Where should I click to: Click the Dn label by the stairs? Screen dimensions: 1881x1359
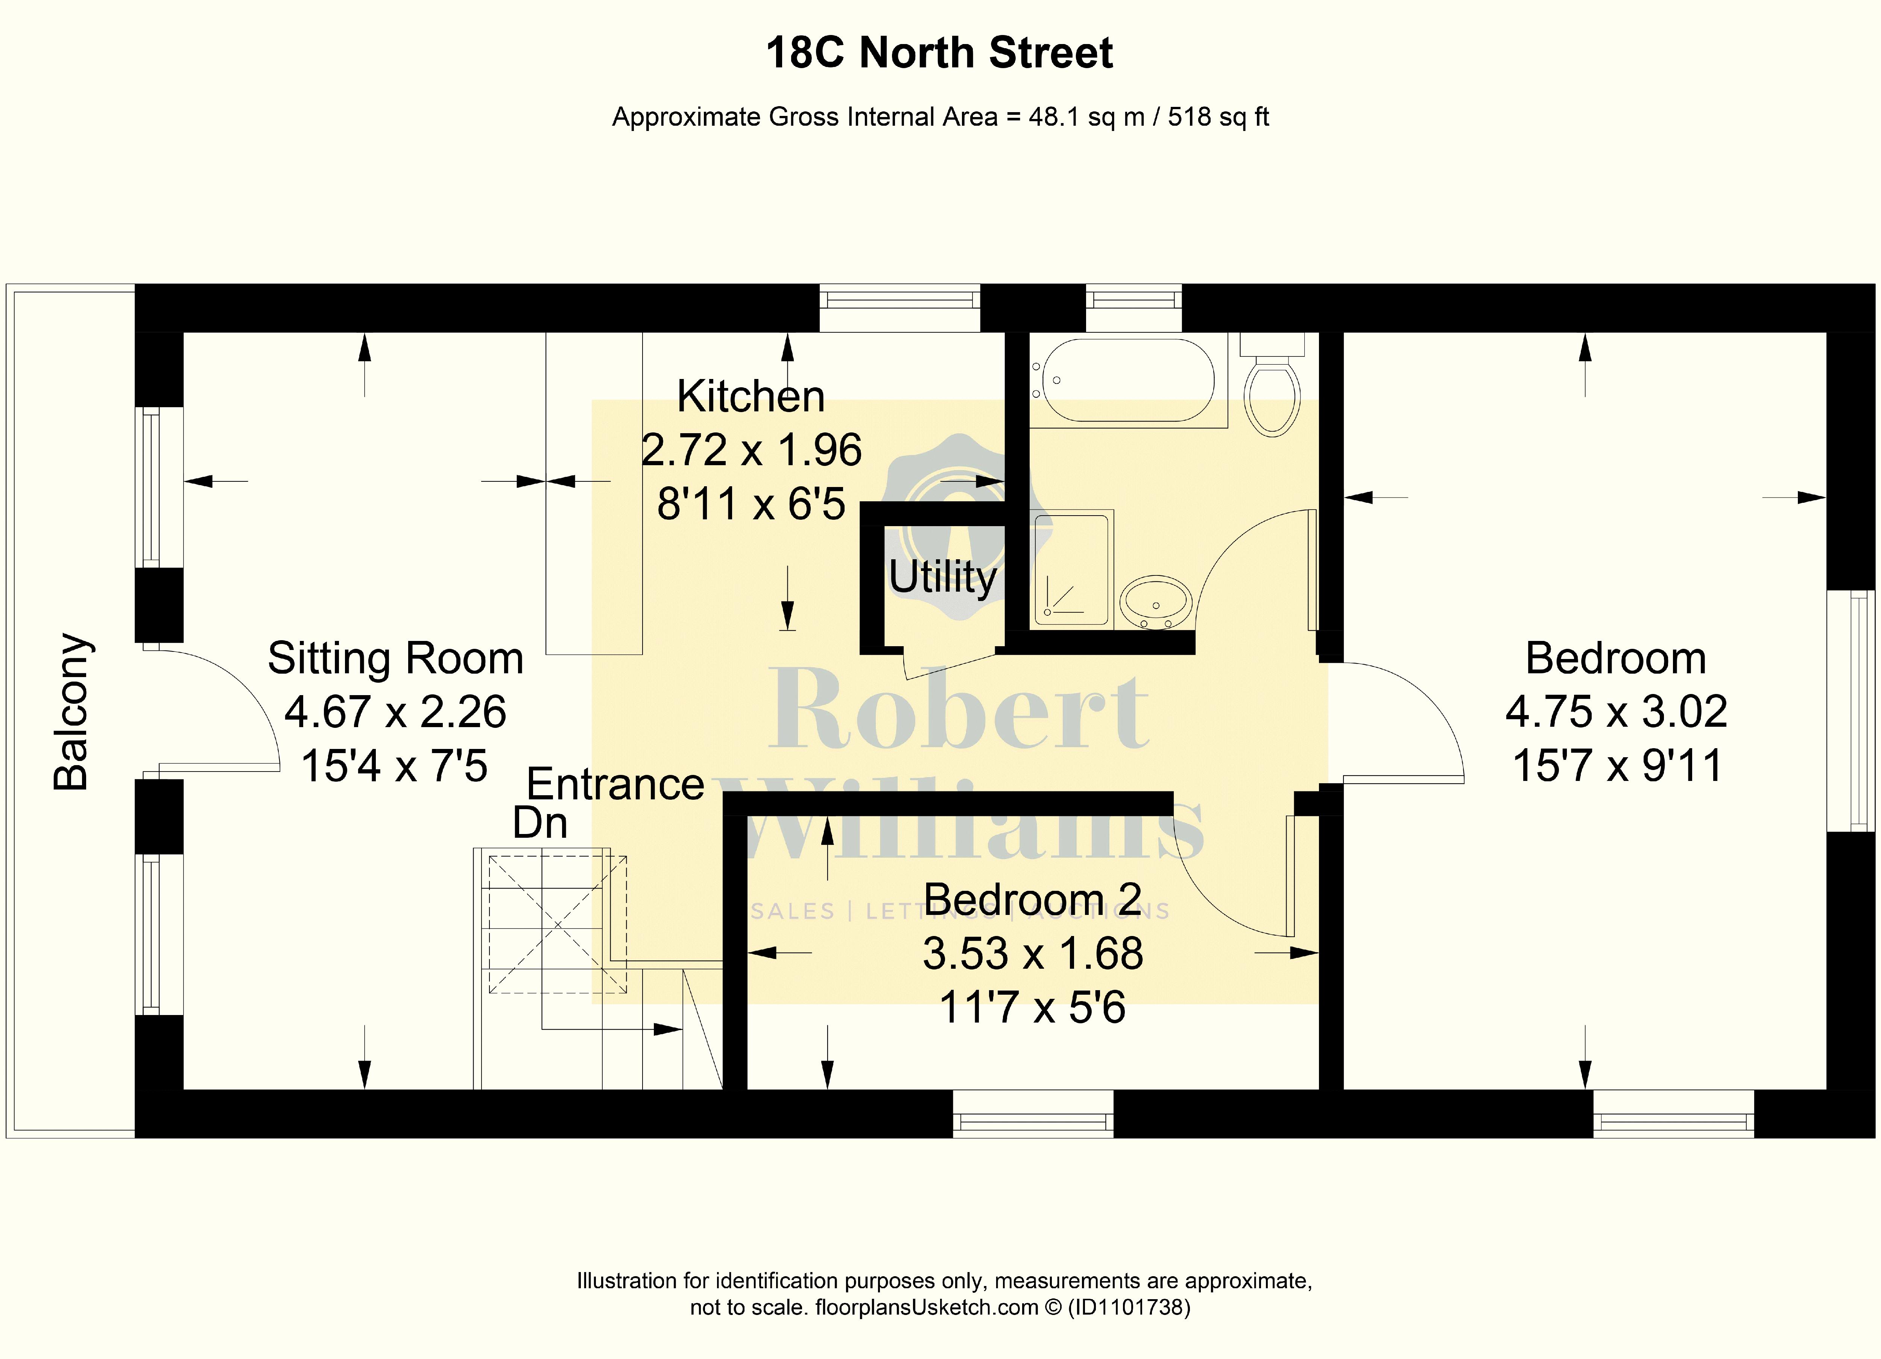pyautogui.click(x=540, y=823)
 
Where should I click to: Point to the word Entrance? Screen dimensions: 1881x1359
pyautogui.click(x=615, y=784)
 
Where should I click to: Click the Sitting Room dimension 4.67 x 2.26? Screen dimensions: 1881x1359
pyautogui.click(x=396, y=712)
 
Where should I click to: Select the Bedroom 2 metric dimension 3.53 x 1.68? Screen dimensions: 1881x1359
pyautogui.click(x=1033, y=953)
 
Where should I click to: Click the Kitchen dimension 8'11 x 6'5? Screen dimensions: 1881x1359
pyautogui.click(x=751, y=504)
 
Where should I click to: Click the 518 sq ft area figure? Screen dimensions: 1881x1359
pyautogui.click(x=1219, y=117)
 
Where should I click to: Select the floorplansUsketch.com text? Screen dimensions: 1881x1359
pyautogui.click(x=927, y=1307)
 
